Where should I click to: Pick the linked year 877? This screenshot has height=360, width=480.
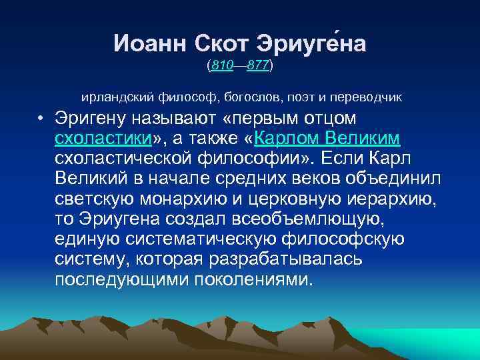(257, 66)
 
